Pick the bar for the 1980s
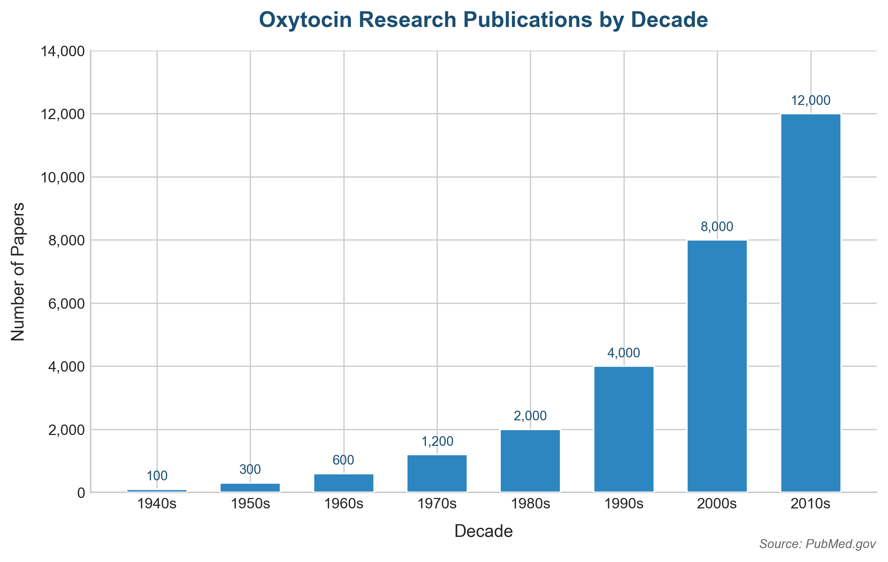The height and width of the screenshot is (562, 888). point(530,460)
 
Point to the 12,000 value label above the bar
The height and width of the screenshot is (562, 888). point(810,100)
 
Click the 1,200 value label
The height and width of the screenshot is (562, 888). point(437,442)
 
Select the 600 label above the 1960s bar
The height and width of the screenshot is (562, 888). point(343,460)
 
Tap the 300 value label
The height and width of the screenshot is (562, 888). point(250,469)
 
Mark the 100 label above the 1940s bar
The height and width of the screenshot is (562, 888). point(157,476)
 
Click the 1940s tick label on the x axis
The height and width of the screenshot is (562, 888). point(157,504)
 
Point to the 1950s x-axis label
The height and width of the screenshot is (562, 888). point(250,504)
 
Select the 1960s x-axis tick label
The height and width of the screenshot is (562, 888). point(343,504)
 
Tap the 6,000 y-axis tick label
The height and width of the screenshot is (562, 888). point(67,303)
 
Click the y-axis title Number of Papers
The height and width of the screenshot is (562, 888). point(18,272)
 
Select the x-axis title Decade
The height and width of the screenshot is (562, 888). point(484,531)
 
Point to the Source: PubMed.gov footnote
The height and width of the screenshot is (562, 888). point(818,544)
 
